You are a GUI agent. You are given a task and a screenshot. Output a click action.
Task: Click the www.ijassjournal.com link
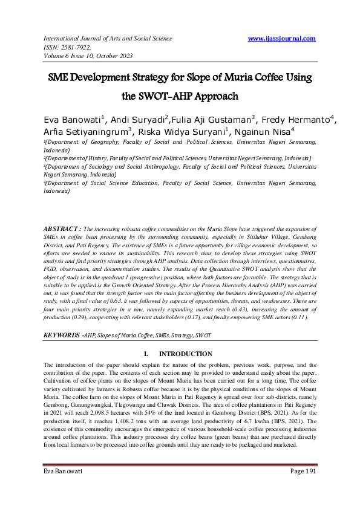tap(281, 38)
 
